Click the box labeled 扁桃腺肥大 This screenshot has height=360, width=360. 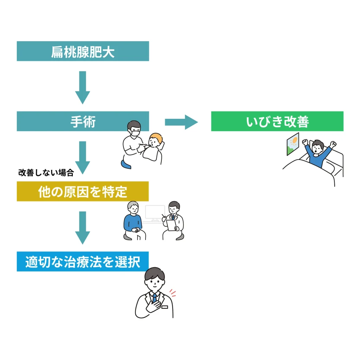[x=83, y=51]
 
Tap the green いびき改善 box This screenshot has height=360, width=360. [x=277, y=121]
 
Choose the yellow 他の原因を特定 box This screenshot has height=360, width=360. [x=83, y=192]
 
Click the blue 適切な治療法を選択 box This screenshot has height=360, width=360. [x=83, y=262]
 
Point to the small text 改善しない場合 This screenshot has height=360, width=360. [x=46, y=173]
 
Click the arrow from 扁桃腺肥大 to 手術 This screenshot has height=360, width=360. [x=83, y=87]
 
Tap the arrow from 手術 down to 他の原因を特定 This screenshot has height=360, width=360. [x=83, y=157]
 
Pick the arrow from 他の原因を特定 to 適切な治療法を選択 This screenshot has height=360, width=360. [x=83, y=227]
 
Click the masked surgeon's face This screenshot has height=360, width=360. [x=135, y=130]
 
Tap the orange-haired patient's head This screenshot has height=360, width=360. [x=156, y=141]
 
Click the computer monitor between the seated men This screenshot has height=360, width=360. [x=155, y=213]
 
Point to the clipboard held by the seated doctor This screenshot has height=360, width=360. [x=172, y=225]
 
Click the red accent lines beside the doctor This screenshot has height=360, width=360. [x=172, y=292]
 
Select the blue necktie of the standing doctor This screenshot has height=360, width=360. [x=154, y=298]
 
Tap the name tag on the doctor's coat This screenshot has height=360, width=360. [x=165, y=307]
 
